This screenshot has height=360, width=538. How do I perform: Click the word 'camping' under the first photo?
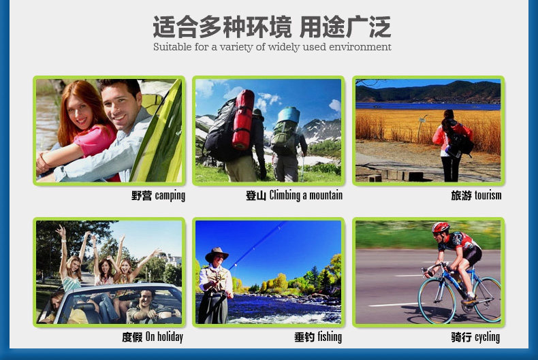tap(170, 196)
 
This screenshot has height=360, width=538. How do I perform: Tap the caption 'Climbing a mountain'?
tap(306, 195)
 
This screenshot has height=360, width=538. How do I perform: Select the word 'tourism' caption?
tap(488, 195)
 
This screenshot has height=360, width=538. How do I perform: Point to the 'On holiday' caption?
tap(164, 337)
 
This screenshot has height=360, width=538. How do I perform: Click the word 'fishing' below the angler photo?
tap(330, 337)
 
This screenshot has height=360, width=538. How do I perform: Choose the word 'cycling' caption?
tap(487, 338)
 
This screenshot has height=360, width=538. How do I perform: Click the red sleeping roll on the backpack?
tap(243, 119)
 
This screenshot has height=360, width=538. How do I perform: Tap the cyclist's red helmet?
tap(441, 228)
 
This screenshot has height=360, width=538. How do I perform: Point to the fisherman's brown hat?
tap(217, 255)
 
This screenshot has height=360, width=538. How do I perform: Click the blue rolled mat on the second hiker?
tap(289, 115)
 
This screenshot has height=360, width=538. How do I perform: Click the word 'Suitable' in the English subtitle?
tap(172, 47)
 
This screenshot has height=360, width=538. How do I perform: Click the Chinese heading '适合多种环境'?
tap(222, 27)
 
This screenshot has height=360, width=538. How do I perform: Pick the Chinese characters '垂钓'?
tap(304, 337)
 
